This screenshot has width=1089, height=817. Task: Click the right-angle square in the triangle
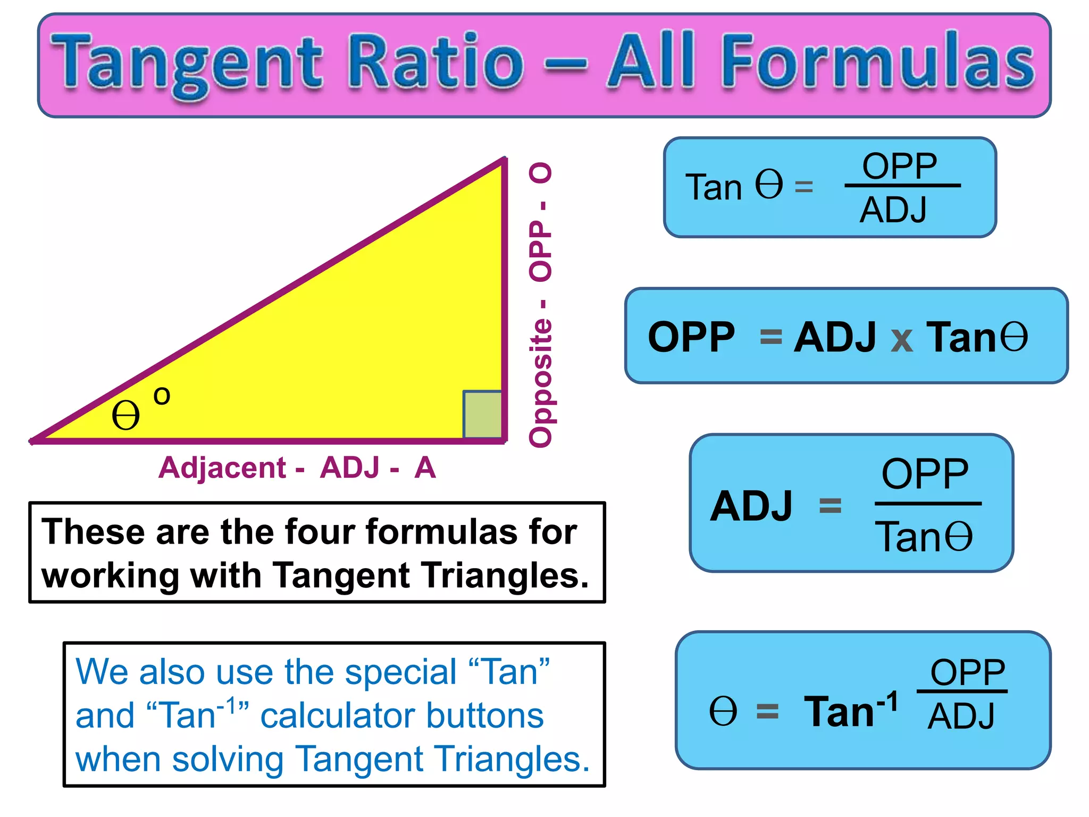pos(482,414)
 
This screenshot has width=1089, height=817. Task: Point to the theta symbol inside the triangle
pos(125,415)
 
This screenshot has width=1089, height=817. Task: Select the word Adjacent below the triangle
pos(222,468)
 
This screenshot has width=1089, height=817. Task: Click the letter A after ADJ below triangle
pos(425,468)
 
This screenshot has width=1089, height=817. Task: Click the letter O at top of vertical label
pos(541,173)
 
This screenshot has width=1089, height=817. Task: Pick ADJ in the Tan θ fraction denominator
pos(894,210)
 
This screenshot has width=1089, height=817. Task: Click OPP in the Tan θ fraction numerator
pos(900,166)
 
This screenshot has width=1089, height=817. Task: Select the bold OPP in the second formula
pos(691,337)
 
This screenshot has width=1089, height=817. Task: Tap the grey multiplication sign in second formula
pos(902,339)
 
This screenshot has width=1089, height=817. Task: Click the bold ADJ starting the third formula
pos(751,506)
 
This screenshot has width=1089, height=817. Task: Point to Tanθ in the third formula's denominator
pos(924,537)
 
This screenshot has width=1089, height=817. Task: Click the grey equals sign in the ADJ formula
pos(830,505)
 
